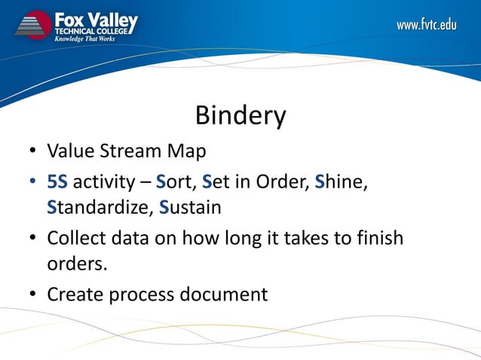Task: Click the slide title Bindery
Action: [x=240, y=116]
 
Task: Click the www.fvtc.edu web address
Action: [x=427, y=25]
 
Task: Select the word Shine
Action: [x=340, y=182]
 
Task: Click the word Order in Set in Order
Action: [x=280, y=182]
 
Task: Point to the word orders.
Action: [x=73, y=263]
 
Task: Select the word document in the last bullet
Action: [x=223, y=294]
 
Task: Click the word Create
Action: [x=75, y=294]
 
